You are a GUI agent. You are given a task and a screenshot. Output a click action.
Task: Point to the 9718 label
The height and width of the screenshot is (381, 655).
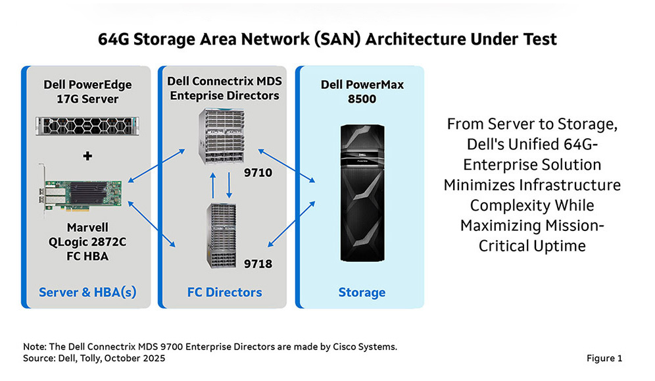click(258, 264)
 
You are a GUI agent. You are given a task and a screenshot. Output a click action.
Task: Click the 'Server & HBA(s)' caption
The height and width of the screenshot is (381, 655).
click(87, 292)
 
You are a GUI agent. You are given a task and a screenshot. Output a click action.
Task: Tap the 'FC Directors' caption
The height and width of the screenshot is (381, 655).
click(224, 292)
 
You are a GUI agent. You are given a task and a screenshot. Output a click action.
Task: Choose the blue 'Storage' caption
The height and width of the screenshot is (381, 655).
click(362, 292)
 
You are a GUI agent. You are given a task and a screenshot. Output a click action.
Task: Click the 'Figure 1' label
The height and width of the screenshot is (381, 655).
click(604, 358)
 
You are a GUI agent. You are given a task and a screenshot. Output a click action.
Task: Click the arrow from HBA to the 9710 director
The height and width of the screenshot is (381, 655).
click(157, 165)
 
